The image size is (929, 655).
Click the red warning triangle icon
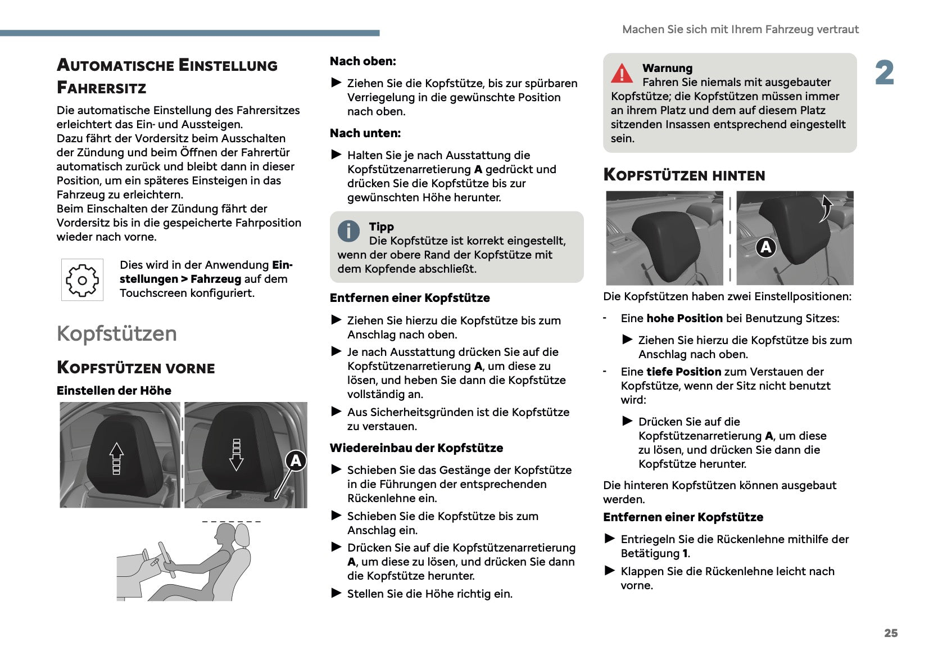pyautogui.click(x=622, y=74)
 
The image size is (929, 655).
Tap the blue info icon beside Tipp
pyautogui.click(x=348, y=231)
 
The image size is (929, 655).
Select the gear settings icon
pyautogui.click(x=82, y=280)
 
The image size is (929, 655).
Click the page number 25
pyautogui.click(x=891, y=633)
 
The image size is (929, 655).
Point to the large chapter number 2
pyautogui.click(x=885, y=73)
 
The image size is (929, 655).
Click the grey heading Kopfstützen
pyautogui.click(x=117, y=333)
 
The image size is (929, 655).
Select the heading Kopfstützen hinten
pyautogui.click(x=684, y=175)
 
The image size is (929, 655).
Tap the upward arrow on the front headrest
pyautogui.click(x=116, y=458)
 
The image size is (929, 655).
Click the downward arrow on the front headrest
pyautogui.click(x=237, y=455)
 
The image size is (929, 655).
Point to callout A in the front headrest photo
pyautogui.click(x=296, y=461)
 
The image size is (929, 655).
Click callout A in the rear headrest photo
pyautogui.click(x=765, y=247)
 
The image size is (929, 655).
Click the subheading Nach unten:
pyautogui.click(x=365, y=133)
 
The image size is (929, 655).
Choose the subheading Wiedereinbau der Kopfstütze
pyautogui.click(x=416, y=448)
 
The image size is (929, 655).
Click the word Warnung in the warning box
pyautogui.click(x=667, y=68)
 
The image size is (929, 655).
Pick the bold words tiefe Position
pyautogui.click(x=683, y=372)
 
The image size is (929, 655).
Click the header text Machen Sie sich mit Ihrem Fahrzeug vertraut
pyautogui.click(x=740, y=29)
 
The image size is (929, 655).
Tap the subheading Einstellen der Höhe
pyautogui.click(x=114, y=391)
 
